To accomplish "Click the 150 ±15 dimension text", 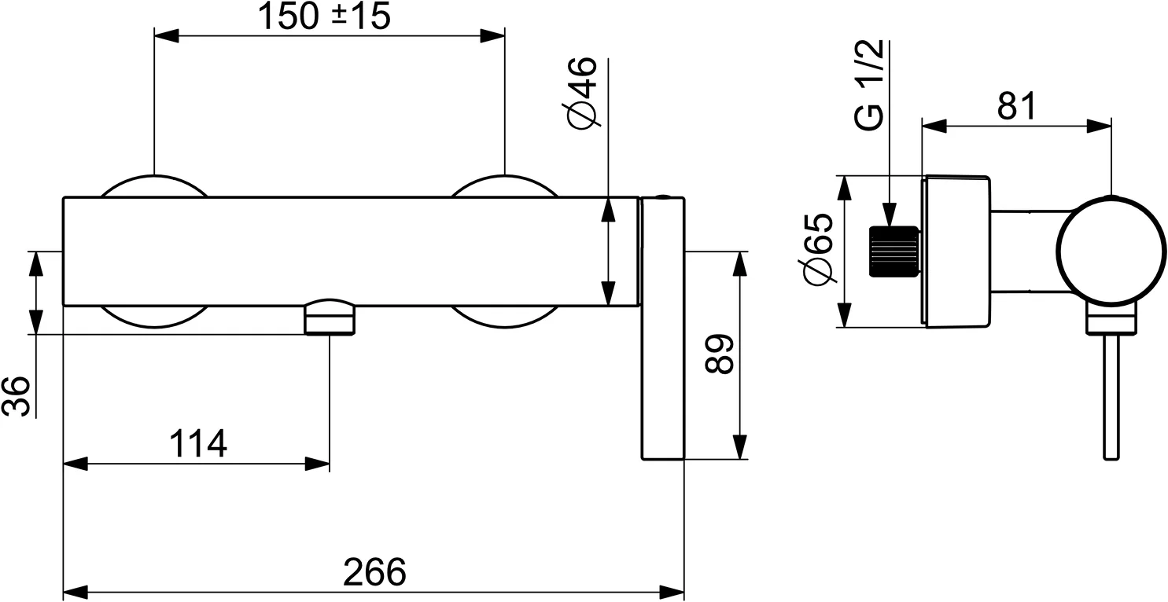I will point(325,17).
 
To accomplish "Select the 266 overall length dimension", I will point(374,572).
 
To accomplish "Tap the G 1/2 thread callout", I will point(871,86).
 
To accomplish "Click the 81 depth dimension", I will point(1016,107).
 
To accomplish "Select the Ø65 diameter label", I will point(818,249).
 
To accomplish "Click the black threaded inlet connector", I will point(894,251).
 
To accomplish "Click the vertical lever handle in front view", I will point(663,330).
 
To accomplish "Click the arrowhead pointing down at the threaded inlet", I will point(890,215).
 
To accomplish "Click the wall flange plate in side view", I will point(956,251).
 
